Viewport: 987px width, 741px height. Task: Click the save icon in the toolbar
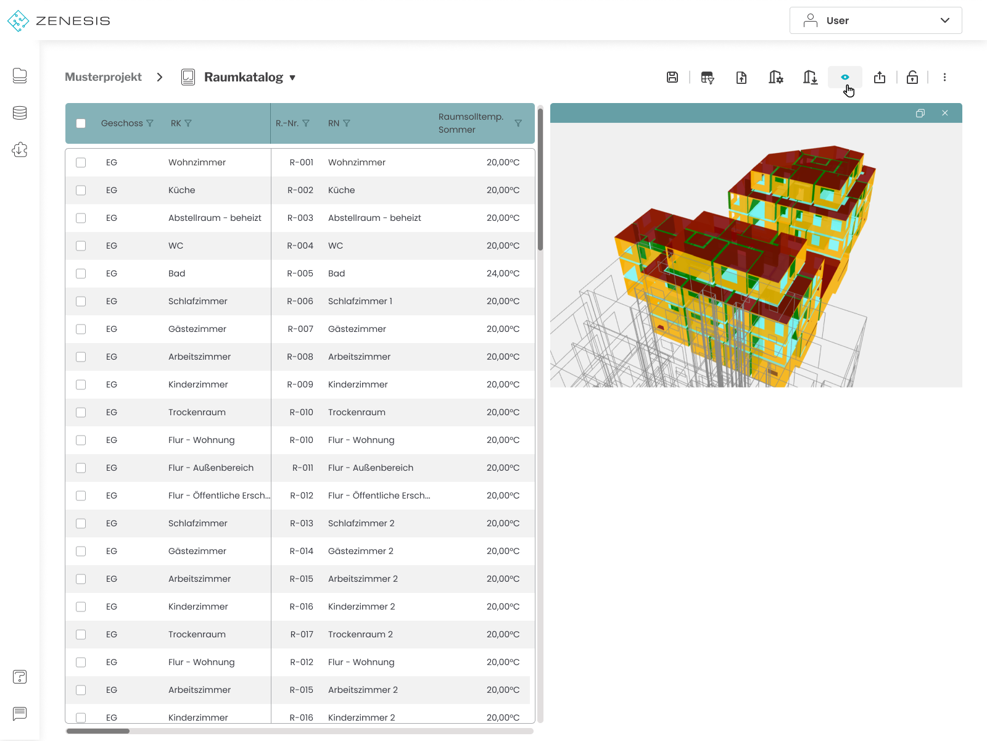coord(672,77)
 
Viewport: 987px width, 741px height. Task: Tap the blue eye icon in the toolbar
coord(845,77)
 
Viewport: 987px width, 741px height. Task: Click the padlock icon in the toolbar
coord(912,77)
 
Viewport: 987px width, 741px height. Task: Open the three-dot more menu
coord(944,77)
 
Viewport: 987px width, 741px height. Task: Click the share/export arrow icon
coord(879,77)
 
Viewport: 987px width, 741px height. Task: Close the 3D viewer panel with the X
coord(944,113)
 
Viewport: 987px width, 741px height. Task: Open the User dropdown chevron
coord(944,20)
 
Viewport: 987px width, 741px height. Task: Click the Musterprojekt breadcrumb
coord(103,77)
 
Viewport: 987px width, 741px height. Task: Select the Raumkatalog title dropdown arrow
coord(292,77)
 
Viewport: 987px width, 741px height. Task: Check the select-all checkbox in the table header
coord(81,123)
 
